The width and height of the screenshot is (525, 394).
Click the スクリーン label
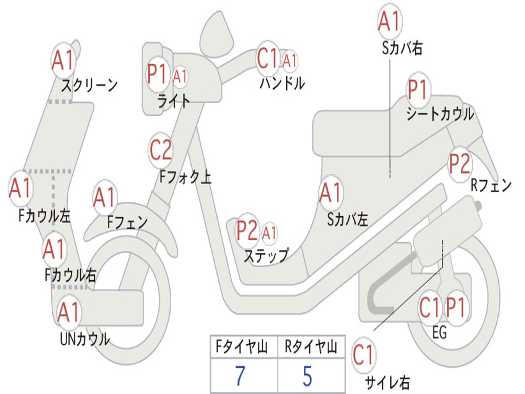(x=89, y=85)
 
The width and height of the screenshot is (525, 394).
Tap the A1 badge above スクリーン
(x=64, y=61)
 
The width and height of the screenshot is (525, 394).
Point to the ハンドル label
(x=282, y=83)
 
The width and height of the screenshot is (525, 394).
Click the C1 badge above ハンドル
(x=268, y=59)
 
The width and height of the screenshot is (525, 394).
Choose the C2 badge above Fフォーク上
(x=161, y=150)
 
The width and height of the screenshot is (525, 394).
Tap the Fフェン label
(x=128, y=222)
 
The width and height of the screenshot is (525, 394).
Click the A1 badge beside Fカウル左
(x=21, y=189)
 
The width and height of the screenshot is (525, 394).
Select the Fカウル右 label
(x=70, y=275)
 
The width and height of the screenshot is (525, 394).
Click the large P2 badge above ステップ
(x=247, y=231)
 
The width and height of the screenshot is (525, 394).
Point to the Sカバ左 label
(x=348, y=220)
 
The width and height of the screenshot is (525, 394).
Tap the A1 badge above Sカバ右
(x=389, y=21)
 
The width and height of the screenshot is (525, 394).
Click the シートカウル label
(x=440, y=115)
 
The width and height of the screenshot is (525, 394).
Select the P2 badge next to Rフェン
(x=459, y=163)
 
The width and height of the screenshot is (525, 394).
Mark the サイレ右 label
(x=387, y=382)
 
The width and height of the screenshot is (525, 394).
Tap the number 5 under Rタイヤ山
(x=308, y=376)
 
